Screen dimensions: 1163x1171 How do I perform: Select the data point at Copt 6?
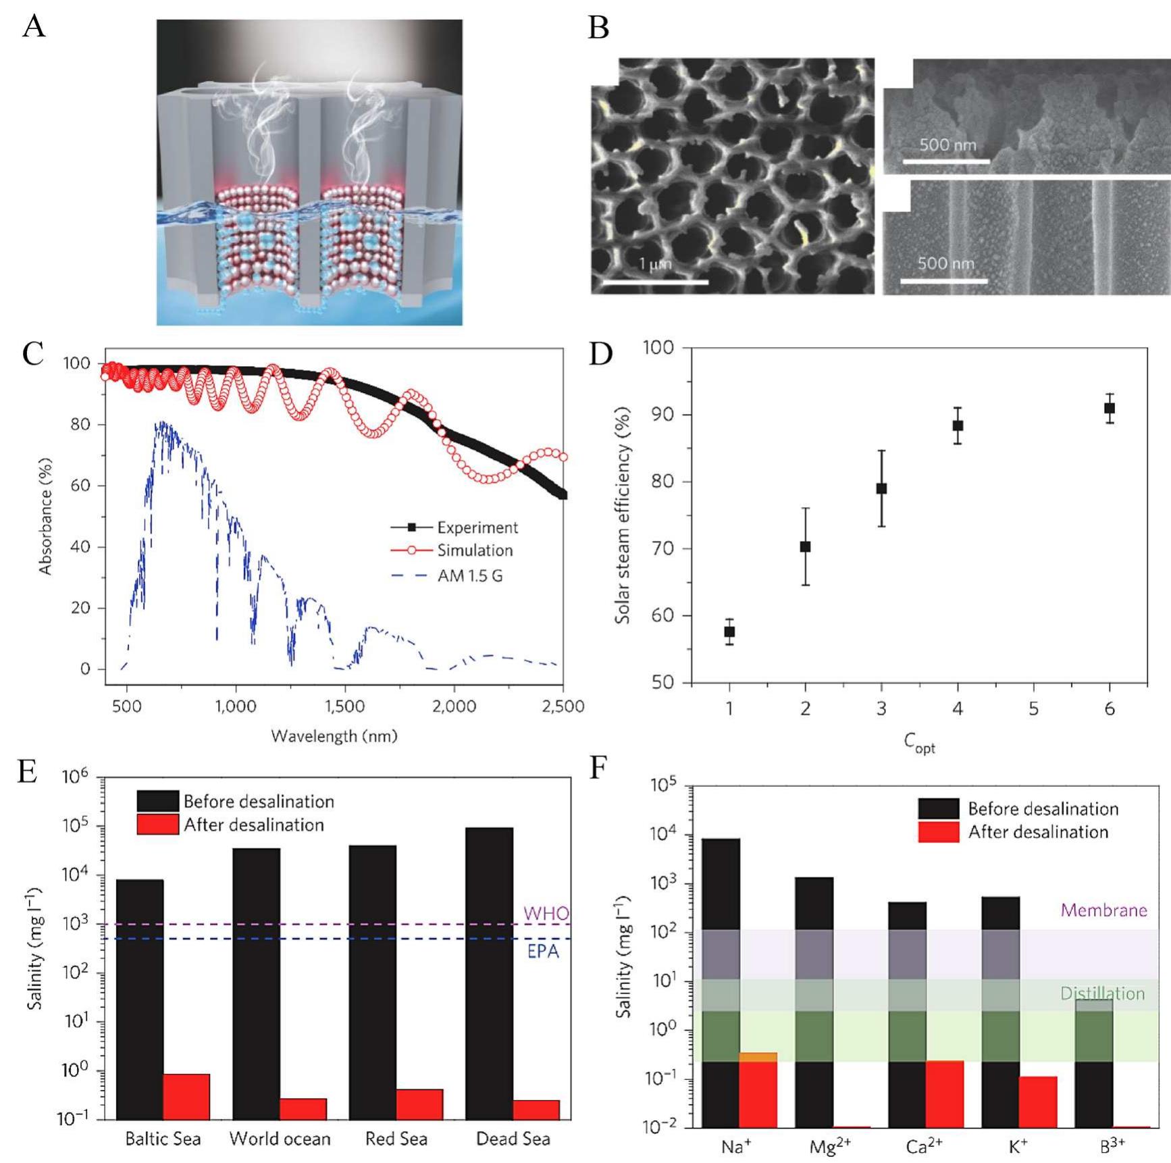[1109, 409]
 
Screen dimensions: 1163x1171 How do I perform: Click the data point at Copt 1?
[729, 632]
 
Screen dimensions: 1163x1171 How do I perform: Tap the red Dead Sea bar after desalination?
[536, 1110]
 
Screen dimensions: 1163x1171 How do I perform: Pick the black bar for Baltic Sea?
[140, 1000]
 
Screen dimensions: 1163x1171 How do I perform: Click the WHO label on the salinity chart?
[546, 914]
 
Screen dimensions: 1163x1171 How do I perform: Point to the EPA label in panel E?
[543, 952]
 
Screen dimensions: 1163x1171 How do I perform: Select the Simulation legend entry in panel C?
[474, 550]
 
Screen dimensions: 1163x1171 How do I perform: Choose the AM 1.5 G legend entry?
[469, 576]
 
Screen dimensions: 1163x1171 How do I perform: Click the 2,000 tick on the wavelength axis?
[454, 706]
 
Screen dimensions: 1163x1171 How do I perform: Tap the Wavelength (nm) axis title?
[334, 736]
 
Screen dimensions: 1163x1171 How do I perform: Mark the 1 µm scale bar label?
[655, 264]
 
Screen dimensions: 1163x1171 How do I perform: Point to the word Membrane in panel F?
[1103, 910]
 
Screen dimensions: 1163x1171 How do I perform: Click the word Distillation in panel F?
[1102, 993]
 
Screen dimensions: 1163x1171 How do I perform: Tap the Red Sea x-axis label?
[396, 1139]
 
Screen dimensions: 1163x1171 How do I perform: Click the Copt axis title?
[919, 743]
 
